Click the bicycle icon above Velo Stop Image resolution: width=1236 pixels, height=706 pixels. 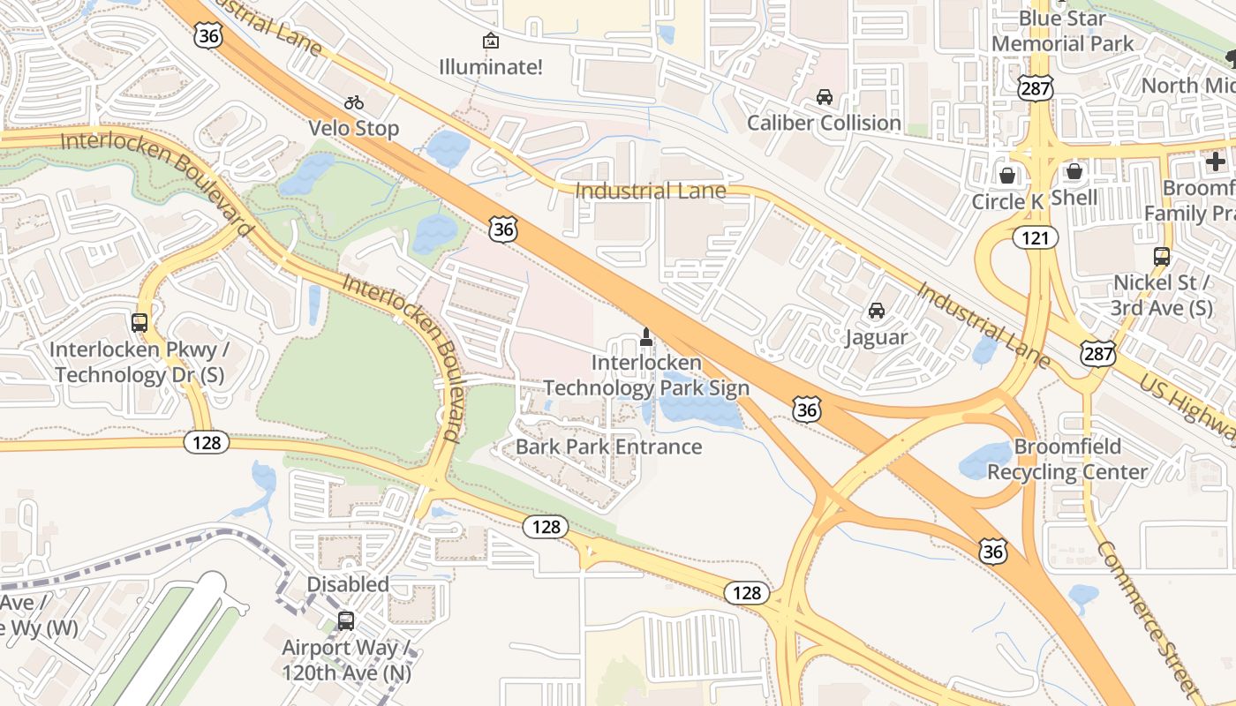[354, 102]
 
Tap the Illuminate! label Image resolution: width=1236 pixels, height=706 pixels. [491, 67]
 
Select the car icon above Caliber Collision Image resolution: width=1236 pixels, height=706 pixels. [824, 97]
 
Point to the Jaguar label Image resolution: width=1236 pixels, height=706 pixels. [876, 337]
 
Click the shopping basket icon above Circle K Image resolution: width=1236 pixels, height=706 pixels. [1006, 175]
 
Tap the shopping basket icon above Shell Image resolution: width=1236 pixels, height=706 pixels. [1074, 171]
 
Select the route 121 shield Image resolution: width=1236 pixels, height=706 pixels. [1036, 237]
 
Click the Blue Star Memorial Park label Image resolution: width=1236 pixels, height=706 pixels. [1063, 31]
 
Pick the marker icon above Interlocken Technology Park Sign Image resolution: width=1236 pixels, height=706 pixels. [645, 336]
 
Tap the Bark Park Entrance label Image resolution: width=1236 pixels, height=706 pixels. [608, 447]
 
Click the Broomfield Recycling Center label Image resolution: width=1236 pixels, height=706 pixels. [1067, 459]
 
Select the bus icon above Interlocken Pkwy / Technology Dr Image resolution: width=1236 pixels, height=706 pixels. [139, 323]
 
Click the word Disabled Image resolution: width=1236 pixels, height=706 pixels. [348, 584]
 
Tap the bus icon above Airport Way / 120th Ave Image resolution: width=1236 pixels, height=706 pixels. [346, 620]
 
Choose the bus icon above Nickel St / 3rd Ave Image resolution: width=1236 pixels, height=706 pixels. [1162, 257]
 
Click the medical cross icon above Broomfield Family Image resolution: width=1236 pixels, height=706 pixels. [1215, 161]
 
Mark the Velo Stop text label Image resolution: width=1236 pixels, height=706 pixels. [354, 129]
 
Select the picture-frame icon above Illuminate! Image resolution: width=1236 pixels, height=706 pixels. [491, 41]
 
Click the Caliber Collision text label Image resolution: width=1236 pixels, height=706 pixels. [824, 123]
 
